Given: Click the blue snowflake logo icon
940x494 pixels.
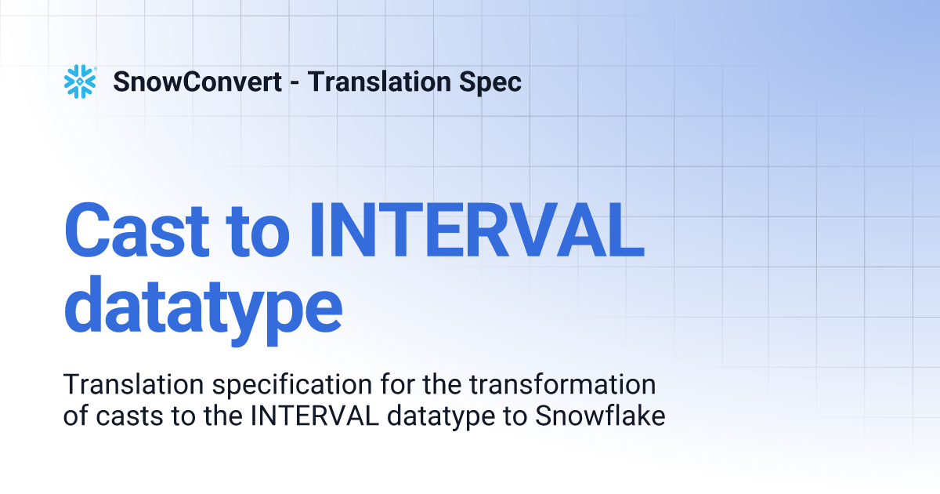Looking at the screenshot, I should point(79,82).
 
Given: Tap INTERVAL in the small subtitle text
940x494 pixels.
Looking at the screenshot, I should point(311,416).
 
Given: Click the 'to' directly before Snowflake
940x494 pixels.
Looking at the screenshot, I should point(517,416).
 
